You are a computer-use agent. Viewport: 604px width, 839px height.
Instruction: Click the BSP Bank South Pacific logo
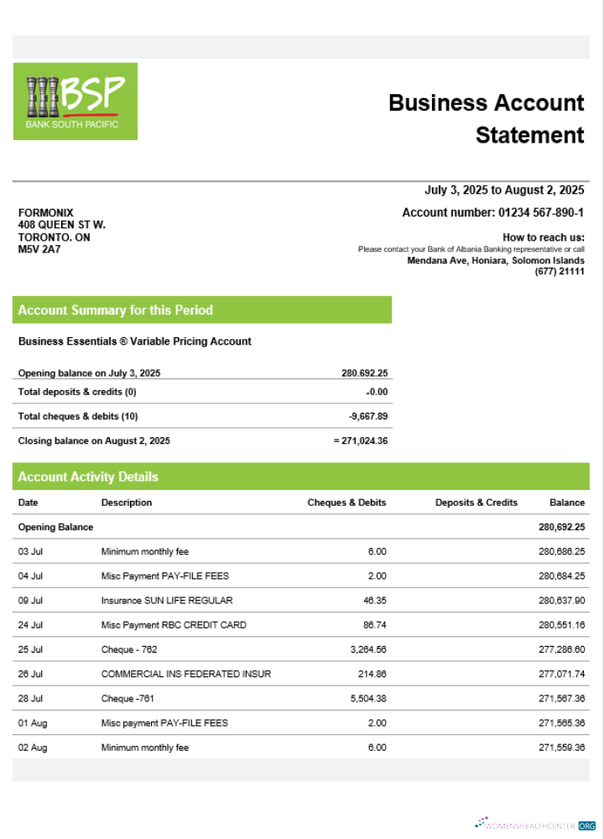pos(75,102)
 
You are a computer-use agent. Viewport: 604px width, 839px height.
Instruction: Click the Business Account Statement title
pos(487,118)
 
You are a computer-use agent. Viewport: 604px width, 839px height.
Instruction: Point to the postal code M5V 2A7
pos(39,249)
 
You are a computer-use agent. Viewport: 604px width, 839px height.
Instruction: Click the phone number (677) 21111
pos(560,272)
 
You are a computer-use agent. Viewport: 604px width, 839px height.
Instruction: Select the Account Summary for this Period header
pos(116,310)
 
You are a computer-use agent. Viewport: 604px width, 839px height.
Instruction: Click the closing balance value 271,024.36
pos(361,440)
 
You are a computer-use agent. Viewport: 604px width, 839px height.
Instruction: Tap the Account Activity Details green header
pos(88,477)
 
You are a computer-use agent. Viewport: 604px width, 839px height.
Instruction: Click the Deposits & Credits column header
pos(476,503)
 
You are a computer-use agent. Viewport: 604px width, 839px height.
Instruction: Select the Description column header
pos(127,503)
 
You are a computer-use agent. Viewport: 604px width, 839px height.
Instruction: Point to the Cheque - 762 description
pos(129,649)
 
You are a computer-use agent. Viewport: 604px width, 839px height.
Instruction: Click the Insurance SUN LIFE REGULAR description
pos(167,601)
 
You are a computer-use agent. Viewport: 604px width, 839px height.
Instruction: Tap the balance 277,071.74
pos(561,674)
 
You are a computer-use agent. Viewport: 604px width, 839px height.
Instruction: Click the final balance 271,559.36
pos(561,748)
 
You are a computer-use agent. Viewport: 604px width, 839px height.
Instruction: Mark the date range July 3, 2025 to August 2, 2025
pos(504,190)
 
